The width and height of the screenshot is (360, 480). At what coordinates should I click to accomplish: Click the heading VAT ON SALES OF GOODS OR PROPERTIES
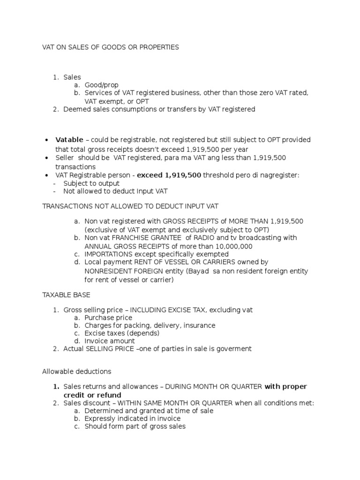tap(111, 47)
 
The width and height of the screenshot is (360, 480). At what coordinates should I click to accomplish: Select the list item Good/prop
tap(102, 85)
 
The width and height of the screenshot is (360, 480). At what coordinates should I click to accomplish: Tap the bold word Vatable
tap(69, 140)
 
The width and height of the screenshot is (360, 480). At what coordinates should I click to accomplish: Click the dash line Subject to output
tap(91, 183)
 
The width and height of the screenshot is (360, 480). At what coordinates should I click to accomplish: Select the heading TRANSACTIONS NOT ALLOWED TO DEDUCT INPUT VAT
tap(130, 206)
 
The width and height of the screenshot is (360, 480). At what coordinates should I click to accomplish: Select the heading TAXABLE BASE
tap(66, 296)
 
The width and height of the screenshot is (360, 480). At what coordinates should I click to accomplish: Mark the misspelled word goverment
tap(234, 349)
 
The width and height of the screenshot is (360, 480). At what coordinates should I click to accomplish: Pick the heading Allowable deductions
tap(77, 371)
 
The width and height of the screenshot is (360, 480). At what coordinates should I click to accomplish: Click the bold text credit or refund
tap(92, 395)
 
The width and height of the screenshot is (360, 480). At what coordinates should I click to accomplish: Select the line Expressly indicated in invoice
tap(133, 419)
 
